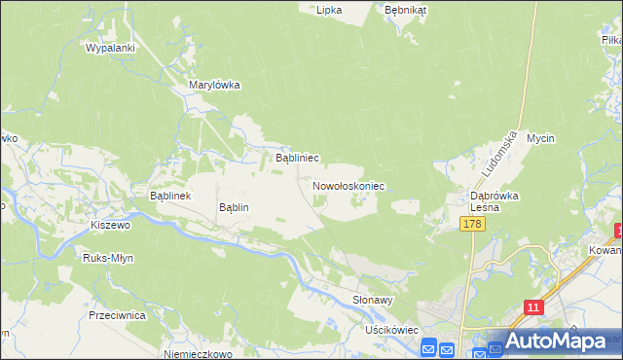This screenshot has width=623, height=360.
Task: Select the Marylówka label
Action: tap(214, 85)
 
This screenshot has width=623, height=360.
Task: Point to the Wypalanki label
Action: tap(110, 47)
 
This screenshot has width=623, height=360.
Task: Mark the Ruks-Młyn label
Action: tap(109, 259)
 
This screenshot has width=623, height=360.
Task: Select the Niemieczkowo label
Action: tap(199, 355)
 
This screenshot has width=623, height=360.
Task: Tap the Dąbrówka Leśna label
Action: tap(495, 201)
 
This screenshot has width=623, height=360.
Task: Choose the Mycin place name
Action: tap(540, 138)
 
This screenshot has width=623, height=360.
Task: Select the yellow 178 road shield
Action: tap(472, 225)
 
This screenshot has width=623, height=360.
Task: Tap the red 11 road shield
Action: tap(532, 306)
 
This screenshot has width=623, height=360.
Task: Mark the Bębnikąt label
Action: tap(406, 9)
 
